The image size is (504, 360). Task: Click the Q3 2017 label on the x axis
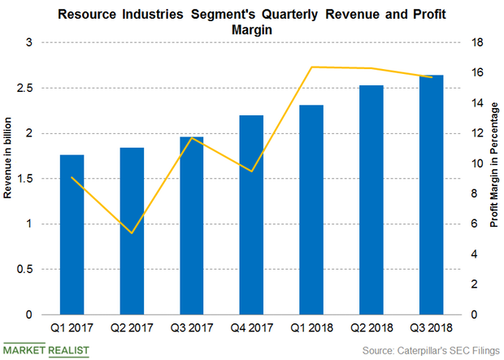(x=192, y=329)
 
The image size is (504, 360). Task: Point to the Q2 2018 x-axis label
(x=371, y=329)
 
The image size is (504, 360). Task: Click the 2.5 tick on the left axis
(x=28, y=88)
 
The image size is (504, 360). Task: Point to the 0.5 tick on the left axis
(x=28, y=269)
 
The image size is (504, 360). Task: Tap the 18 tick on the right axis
(x=480, y=42)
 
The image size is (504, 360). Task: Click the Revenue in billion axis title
(x=9, y=178)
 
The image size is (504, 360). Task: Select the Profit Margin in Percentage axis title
(x=494, y=178)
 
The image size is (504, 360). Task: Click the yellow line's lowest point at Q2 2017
(x=132, y=233)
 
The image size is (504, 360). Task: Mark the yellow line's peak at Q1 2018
(x=311, y=67)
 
